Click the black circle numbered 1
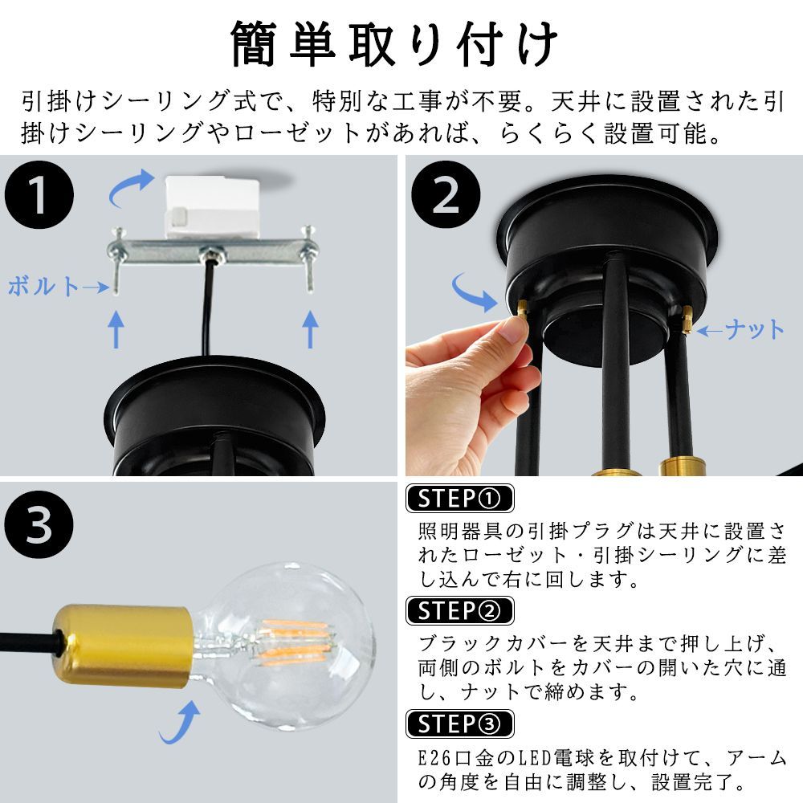click(39, 194)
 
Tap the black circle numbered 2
click(446, 194)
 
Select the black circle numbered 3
click(39, 525)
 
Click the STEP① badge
click(460, 499)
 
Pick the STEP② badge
click(460, 611)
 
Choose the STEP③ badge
click(460, 724)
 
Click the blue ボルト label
click(43, 287)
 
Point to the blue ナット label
click(754, 329)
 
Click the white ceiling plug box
click(211, 206)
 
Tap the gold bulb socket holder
click(123, 646)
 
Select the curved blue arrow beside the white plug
click(131, 188)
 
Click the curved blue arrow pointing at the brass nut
click(474, 292)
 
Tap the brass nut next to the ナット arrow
click(687, 319)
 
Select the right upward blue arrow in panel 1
click(310, 328)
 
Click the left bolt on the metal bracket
click(116, 260)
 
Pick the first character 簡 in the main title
click(255, 43)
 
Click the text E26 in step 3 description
click(434, 757)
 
